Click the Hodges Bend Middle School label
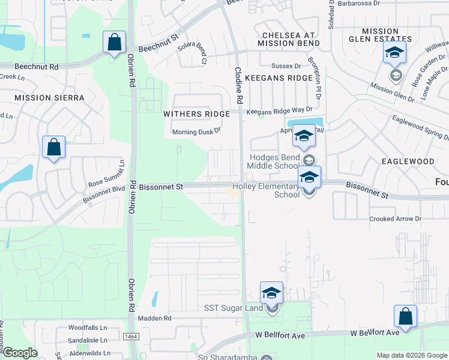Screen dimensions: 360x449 click(x=274, y=162)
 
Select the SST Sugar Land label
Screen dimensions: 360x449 click(x=234, y=308)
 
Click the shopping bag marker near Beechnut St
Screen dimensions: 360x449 click(x=114, y=43)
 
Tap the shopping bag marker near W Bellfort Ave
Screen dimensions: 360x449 click(x=405, y=317)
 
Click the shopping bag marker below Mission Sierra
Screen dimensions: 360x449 click(x=54, y=148)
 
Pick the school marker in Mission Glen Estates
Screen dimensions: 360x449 click(x=394, y=53)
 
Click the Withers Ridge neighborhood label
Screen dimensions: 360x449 click(x=197, y=114)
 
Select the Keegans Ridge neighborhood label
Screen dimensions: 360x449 click(x=286, y=78)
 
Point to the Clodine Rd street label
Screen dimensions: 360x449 click(x=238, y=84)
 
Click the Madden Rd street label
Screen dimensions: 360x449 click(x=154, y=318)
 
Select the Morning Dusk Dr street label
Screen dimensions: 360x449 click(x=197, y=131)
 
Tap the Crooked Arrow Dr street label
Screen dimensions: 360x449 click(x=396, y=220)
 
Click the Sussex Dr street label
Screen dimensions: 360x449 click(x=286, y=65)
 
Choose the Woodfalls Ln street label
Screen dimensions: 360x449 click(x=87, y=328)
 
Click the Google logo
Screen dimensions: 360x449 click(x=19, y=353)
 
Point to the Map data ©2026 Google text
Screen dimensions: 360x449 click(x=411, y=355)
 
